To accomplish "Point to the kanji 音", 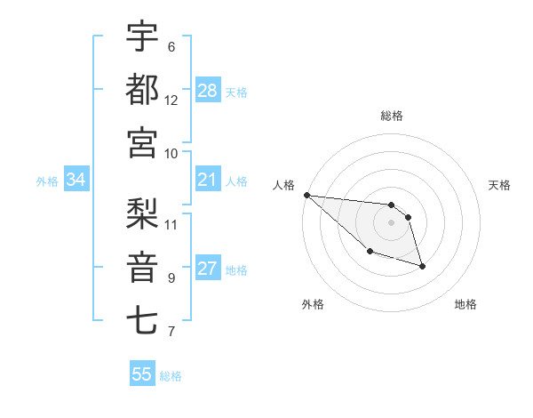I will [142, 266].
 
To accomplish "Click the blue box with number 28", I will [208, 90].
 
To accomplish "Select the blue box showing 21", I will [208, 181].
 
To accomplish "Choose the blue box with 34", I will [76, 181].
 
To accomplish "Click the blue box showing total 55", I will [142, 374].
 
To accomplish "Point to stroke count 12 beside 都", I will [171, 100].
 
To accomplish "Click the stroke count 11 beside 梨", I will [171, 224].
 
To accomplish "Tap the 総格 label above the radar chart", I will [391, 116].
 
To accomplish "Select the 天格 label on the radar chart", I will [500, 185].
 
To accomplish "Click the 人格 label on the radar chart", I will [283, 185].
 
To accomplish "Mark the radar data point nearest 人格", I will [306, 195].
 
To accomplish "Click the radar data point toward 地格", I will [422, 266].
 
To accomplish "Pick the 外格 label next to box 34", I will [47, 181].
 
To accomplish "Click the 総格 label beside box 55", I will [171, 376].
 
